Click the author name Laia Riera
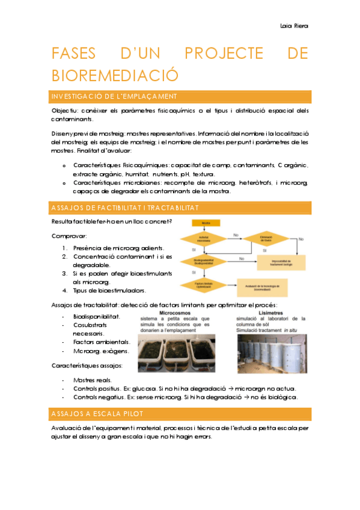(294, 26)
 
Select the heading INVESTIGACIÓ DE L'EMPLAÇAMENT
(114, 97)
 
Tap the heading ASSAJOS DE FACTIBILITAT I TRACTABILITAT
(130, 207)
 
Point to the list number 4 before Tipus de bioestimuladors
(64, 290)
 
